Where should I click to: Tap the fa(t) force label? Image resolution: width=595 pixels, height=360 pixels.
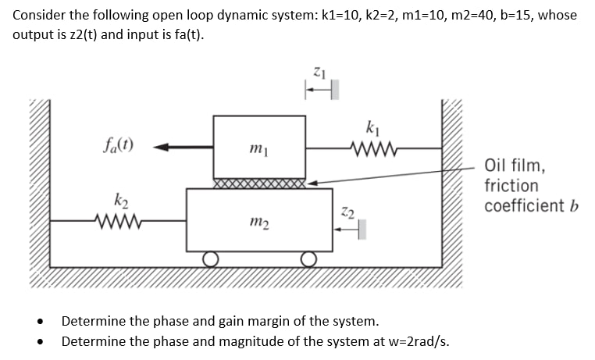(117, 144)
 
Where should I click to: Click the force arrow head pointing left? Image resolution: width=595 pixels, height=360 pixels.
(159, 146)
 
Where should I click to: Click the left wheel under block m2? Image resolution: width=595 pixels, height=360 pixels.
(210, 258)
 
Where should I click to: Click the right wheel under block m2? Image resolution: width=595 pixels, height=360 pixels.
(310, 258)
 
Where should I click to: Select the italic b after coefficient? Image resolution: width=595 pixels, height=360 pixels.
(572, 206)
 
